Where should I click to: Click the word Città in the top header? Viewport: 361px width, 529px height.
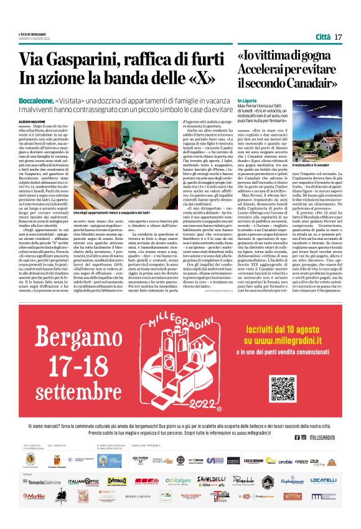pyautogui.click(x=323, y=37)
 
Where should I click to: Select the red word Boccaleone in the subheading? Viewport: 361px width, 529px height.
pyautogui.click(x=35, y=100)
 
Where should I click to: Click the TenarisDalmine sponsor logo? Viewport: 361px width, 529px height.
pyautogui.click(x=42, y=482)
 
